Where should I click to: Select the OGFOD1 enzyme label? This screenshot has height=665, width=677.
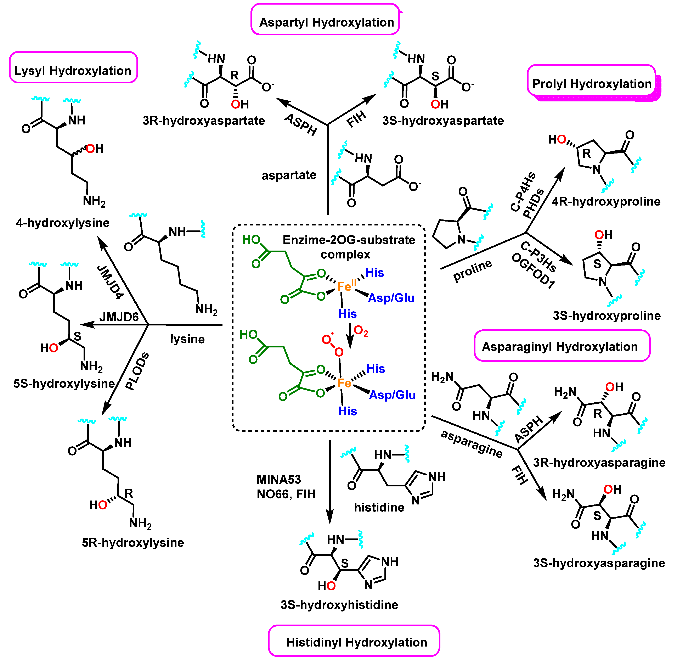pyautogui.click(x=533, y=271)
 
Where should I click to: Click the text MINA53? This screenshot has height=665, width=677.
pyautogui.click(x=279, y=479)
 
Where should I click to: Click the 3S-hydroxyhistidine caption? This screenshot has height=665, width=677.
pyautogui.click(x=339, y=605)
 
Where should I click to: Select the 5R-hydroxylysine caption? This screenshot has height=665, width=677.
pyautogui.click(x=133, y=542)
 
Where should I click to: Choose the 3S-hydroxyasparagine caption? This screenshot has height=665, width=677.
pyautogui.click(x=599, y=563)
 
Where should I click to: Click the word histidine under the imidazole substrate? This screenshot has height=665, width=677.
pyautogui.click(x=379, y=507)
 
